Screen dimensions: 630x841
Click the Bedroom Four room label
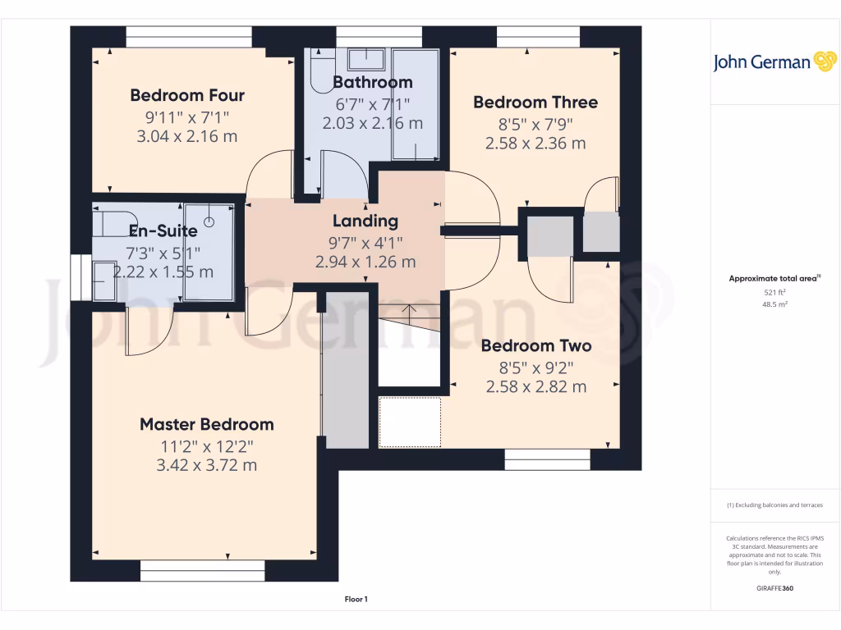tap(187, 95)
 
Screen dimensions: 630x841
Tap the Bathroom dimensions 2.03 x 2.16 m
tap(372, 123)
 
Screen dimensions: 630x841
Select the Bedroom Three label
tap(535, 103)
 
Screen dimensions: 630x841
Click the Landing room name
tap(365, 221)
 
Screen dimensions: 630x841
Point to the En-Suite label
tap(163, 231)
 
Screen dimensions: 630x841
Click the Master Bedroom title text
tap(206, 424)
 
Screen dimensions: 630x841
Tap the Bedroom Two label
tap(535, 345)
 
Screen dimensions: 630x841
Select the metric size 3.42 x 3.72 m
tap(206, 465)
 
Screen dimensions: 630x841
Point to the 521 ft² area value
tap(774, 292)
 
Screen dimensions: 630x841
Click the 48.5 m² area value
tap(774, 304)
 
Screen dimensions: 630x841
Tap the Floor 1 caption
tap(356, 600)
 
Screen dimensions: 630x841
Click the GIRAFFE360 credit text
tap(774, 588)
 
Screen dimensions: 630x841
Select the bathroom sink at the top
tap(366, 59)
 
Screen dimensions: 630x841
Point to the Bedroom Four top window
tap(188, 38)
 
